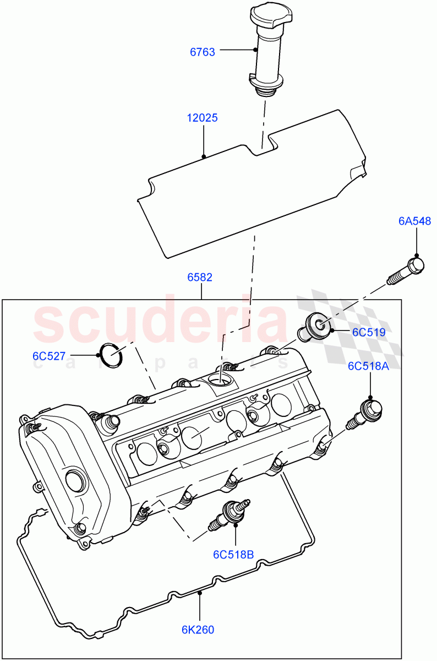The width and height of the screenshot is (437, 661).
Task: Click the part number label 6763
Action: point(203,52)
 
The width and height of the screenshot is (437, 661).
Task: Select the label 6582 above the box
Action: point(200,278)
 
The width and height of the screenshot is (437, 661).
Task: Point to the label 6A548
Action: point(415,221)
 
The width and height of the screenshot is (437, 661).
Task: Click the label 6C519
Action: point(368,332)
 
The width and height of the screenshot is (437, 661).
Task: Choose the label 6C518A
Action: point(368,366)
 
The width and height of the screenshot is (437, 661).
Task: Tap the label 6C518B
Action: point(234,554)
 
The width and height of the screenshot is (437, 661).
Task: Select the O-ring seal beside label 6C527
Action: point(112,355)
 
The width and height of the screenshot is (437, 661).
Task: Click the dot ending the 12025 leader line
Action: point(204,156)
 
